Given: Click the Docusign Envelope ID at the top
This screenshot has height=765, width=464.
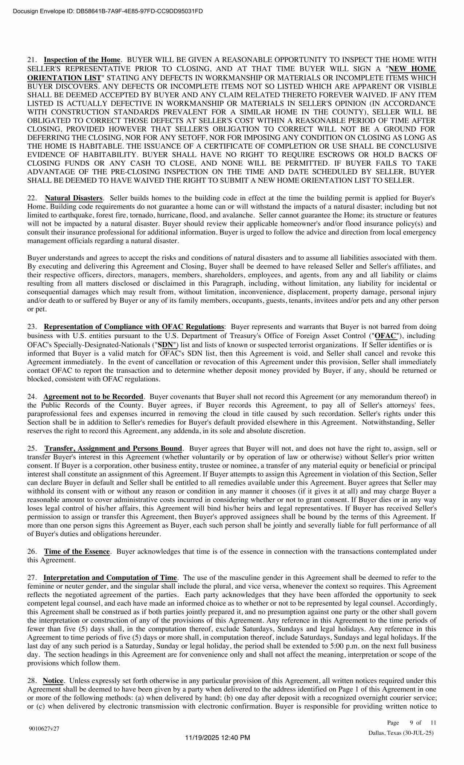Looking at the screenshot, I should pos(108,11).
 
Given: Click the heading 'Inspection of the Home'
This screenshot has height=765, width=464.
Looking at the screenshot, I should pos(82,60).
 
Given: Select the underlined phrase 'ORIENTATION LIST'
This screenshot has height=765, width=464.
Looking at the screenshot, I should pos(64,78).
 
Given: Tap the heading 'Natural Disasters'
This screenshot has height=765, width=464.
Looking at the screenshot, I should pos(74,198).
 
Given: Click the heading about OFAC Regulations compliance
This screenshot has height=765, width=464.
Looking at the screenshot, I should pos(134,327).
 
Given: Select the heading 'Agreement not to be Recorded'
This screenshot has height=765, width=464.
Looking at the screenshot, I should pos(94,397).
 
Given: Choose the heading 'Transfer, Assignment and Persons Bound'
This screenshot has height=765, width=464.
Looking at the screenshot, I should pos(113,448).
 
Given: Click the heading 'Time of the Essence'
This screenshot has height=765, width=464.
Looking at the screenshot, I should pos(77,552).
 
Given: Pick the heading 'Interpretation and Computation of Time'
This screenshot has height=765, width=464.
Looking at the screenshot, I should pos(110,578).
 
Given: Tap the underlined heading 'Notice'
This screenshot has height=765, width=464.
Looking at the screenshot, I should pos(53,680).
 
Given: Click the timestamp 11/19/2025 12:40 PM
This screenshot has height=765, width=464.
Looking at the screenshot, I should pos(218,738).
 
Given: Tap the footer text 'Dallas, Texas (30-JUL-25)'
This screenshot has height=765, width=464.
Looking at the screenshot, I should pos(401,733).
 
